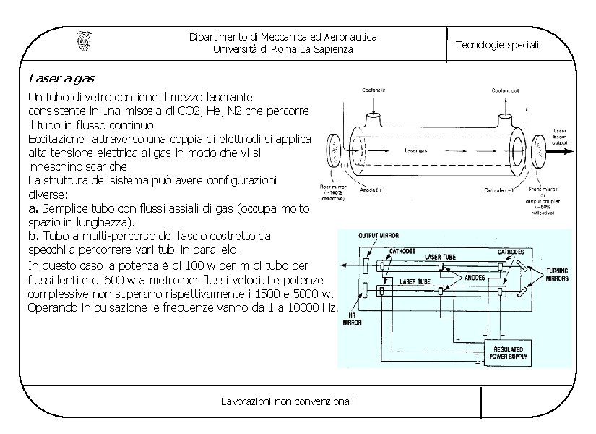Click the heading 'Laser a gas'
[61, 77]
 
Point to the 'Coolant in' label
[374, 90]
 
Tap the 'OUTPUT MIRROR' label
[379, 236]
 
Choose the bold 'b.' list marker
[33, 235]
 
